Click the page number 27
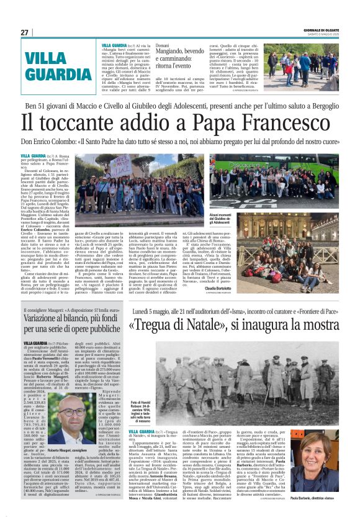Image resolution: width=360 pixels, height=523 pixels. [x=24, y=32]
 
